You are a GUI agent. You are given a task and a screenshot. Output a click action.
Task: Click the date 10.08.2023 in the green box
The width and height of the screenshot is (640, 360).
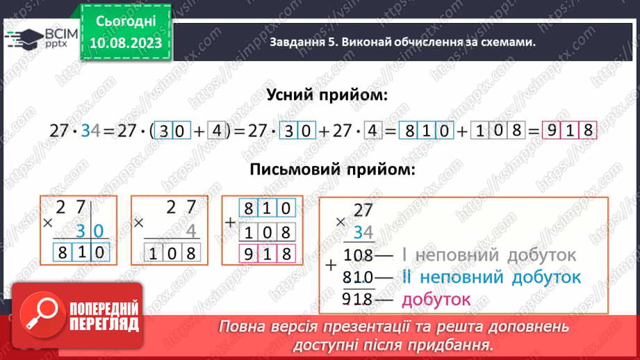coord(126,43)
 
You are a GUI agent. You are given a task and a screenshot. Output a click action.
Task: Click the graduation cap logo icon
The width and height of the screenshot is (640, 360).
coord(23,38)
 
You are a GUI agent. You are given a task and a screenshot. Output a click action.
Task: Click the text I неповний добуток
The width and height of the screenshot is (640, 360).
coord(489,255)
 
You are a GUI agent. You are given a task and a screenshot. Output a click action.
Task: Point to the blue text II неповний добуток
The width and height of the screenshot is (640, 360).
coord(491,277)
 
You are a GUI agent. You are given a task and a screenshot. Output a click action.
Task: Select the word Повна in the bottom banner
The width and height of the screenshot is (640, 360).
coord(240,327)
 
